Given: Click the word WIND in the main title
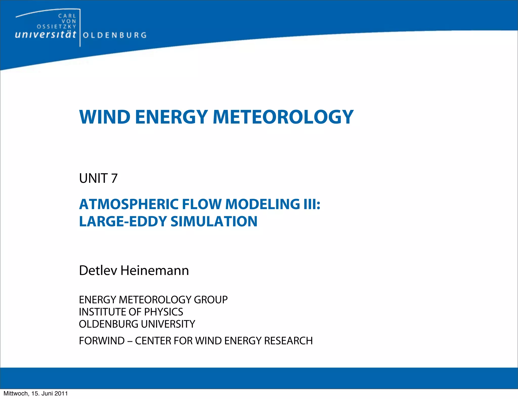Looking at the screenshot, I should click(x=105, y=117).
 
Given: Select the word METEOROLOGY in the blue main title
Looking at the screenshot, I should click(x=283, y=117).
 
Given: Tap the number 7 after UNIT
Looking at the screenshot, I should click(x=114, y=178).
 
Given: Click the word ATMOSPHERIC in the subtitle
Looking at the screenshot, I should click(x=129, y=204).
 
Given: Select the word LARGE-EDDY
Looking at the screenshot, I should click(x=123, y=222).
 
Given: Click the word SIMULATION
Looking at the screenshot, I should click(x=214, y=222).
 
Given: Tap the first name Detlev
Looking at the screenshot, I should click(x=98, y=270).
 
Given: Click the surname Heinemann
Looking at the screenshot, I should click(x=155, y=270).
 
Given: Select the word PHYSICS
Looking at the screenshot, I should click(x=163, y=312).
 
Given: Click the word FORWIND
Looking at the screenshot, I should click(x=102, y=341).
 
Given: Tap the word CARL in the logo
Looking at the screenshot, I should click(x=67, y=16).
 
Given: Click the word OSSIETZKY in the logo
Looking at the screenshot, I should click(x=56, y=27).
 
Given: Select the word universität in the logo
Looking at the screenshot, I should click(x=46, y=35).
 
